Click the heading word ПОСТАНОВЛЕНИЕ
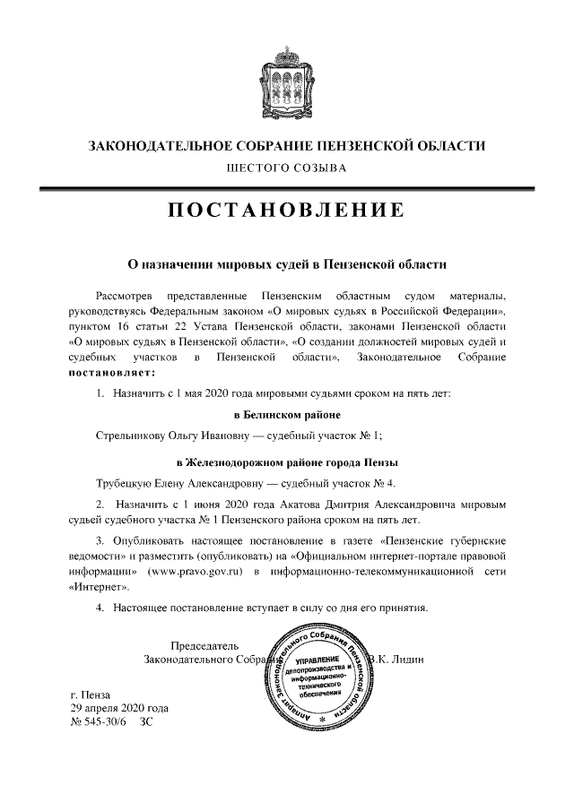tap(286, 211)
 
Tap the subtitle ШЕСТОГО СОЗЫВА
tap(286, 168)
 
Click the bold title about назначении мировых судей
tap(286, 265)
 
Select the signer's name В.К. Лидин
tap(401, 660)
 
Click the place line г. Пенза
tap(91, 695)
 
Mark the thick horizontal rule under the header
tap(286, 186)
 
